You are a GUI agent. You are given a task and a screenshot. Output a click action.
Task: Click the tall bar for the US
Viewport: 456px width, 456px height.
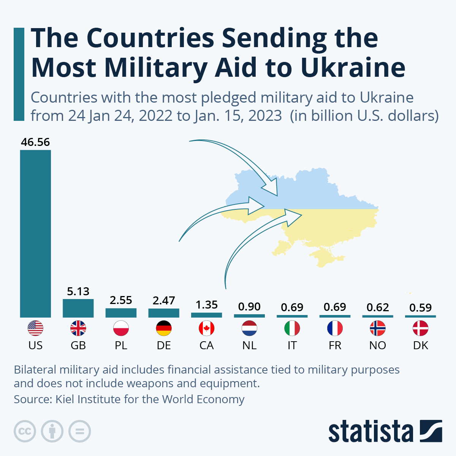[x=35, y=233]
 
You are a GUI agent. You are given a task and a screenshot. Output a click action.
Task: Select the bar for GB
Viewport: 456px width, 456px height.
[x=78, y=308]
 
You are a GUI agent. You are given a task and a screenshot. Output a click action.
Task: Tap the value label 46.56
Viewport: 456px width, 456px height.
[x=35, y=142]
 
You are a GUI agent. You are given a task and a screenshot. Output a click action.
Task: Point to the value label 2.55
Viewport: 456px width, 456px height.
[x=121, y=300]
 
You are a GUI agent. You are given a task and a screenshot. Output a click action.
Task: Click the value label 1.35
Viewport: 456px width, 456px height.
[x=207, y=305]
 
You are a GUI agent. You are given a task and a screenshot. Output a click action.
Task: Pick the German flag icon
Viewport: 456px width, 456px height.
[x=164, y=328]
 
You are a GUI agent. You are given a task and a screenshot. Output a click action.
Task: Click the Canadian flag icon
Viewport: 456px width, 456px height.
[x=207, y=328]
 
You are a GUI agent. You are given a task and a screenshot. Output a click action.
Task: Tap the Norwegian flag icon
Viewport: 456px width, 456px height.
[x=378, y=328]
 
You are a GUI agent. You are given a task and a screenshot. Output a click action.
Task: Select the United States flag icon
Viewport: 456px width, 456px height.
[x=35, y=328]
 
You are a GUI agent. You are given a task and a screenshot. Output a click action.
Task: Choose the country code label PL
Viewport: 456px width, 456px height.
[x=121, y=345]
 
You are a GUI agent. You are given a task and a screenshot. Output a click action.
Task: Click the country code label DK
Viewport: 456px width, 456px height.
[x=421, y=345]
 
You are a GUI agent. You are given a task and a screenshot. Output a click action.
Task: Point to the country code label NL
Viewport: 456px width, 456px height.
[x=249, y=345]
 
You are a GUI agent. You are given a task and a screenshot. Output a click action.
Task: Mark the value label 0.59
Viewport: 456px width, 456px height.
[x=421, y=307]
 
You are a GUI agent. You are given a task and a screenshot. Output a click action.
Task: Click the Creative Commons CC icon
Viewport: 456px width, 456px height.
[x=25, y=431]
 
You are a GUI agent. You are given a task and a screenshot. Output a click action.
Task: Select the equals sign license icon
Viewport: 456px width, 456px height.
[x=80, y=431]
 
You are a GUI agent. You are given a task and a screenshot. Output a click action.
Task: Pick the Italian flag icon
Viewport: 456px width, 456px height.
[x=292, y=328]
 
